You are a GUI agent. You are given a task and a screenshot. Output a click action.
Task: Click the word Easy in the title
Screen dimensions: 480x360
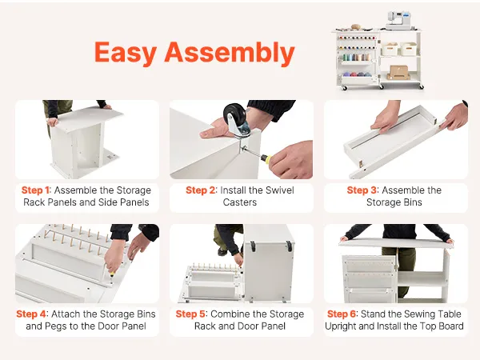[126, 54]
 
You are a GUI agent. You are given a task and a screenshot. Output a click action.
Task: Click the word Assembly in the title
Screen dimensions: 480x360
[230, 53]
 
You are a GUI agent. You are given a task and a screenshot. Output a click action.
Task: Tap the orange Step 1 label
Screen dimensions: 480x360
[35, 190]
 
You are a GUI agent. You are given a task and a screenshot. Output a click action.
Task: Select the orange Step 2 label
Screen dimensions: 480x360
[201, 190]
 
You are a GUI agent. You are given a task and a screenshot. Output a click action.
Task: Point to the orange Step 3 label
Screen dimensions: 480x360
[362, 190]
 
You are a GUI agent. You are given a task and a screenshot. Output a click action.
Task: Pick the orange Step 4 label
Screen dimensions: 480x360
[31, 314]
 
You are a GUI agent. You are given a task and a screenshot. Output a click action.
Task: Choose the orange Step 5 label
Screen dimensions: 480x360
[190, 314]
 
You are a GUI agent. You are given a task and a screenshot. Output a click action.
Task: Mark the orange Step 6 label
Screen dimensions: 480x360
[342, 314]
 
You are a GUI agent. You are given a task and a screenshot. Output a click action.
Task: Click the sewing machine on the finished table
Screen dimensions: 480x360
[398, 21]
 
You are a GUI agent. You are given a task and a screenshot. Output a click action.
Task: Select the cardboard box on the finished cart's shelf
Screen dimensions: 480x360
[398, 73]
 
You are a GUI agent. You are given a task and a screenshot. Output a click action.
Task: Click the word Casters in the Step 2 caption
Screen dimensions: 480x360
[240, 202]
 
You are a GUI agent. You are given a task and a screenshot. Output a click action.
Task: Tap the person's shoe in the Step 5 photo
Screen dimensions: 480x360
[222, 252]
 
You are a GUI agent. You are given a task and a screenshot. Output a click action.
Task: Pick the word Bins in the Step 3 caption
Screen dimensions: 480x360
[413, 202]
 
